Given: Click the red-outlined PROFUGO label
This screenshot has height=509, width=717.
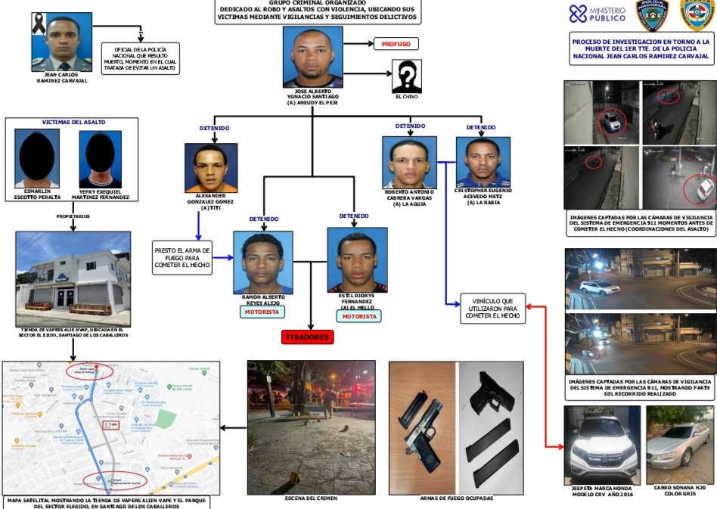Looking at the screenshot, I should pos(396,44).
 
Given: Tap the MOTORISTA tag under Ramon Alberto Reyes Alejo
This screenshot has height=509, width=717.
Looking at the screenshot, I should pos(262,312).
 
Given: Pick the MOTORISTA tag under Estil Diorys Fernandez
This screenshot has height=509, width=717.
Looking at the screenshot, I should pos(358,316).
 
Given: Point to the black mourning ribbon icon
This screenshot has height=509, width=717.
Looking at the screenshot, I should pos(37,28).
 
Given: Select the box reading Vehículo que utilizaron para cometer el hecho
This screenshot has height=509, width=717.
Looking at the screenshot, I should pos(492,308).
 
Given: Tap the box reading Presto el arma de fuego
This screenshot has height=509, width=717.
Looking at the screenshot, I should pos(182,256).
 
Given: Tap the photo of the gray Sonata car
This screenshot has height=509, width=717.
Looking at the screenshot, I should pos(679,443).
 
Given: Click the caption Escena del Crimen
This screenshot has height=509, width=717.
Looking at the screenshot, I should pos(312,498).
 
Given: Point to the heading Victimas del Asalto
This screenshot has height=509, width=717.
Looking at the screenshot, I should pos(73,122).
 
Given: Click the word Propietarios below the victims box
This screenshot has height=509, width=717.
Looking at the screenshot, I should pos(73,216).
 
